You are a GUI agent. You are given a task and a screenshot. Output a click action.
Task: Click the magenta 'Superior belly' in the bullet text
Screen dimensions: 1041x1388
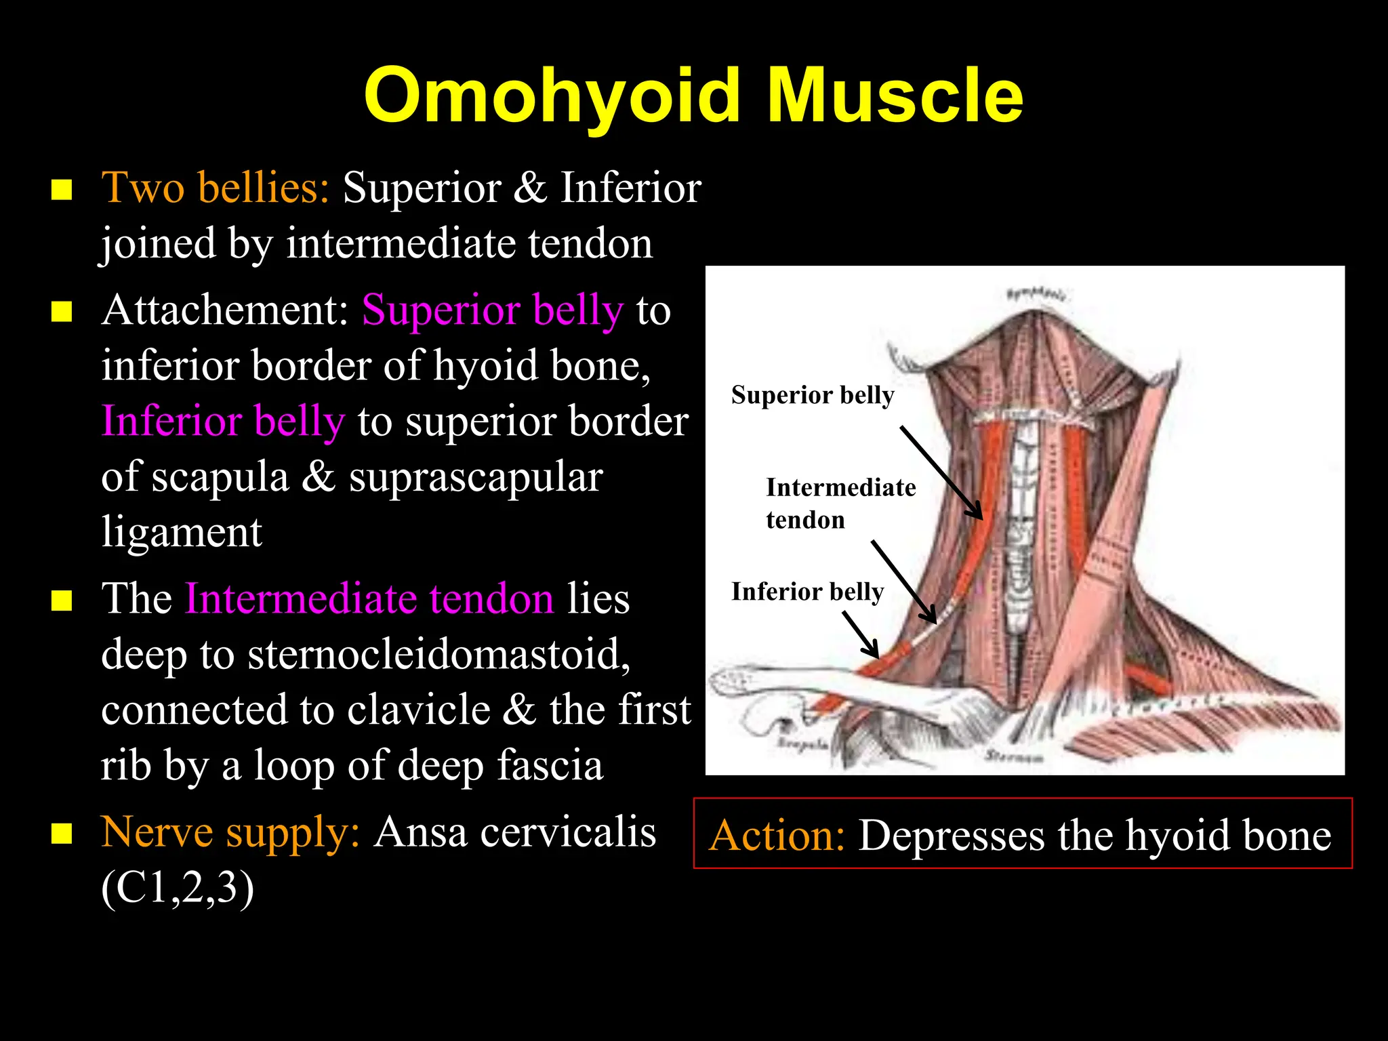coord(493,310)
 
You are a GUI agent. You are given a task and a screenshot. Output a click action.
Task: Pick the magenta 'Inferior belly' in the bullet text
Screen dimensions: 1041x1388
coord(223,422)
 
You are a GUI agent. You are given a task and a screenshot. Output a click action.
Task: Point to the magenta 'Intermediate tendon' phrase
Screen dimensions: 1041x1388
coord(369,599)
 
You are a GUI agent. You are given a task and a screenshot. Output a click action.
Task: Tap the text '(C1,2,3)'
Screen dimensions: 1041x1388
coord(178,888)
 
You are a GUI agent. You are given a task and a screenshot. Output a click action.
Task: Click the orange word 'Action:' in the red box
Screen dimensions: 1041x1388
coord(777,835)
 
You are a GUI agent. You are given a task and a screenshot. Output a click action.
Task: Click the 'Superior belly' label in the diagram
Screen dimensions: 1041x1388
coord(813,395)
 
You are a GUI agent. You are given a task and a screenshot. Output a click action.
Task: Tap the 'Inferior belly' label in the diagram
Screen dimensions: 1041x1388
coord(807,592)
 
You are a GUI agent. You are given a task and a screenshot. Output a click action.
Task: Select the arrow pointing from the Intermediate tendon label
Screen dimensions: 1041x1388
coord(903,581)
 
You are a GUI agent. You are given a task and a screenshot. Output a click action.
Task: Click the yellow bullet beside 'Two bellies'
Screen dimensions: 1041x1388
coord(62,190)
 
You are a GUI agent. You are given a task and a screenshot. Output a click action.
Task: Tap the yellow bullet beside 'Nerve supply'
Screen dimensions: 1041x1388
coord(62,834)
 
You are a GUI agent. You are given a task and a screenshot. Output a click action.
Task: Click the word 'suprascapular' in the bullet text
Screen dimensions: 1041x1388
coord(476,477)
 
